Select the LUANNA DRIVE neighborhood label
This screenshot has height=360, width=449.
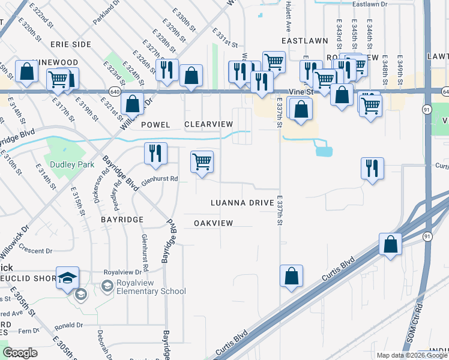[x=242, y=203]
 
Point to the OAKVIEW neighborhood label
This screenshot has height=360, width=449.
[x=213, y=223]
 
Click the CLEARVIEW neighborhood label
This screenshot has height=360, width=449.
[x=208, y=124]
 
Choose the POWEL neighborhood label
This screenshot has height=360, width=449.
[x=156, y=125]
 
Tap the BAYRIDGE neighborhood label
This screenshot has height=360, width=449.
[x=122, y=220]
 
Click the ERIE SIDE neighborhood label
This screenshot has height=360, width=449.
[x=70, y=44]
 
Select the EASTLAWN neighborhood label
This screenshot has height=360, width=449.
[x=305, y=41]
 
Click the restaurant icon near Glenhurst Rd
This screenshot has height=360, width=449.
[x=155, y=153]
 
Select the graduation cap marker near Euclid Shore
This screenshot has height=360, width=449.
[x=68, y=277]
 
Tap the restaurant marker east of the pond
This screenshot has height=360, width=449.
[x=372, y=167]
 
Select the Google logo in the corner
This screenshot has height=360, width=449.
[x=20, y=353]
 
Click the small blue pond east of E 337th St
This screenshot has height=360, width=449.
[x=324, y=151]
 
